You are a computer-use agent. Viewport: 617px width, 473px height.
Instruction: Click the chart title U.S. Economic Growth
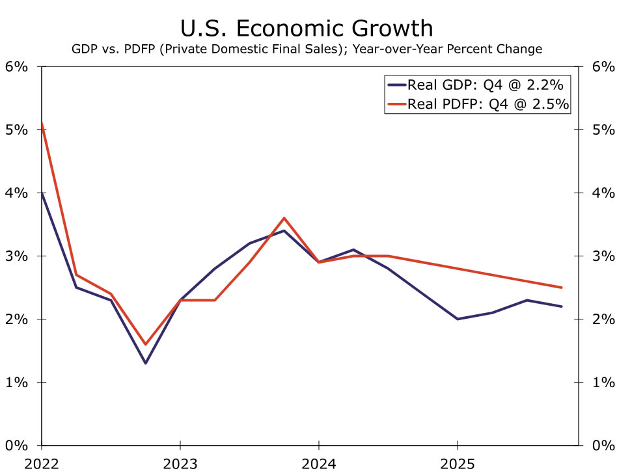tap(307, 28)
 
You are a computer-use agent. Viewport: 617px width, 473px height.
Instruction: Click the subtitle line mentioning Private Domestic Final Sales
tap(307, 49)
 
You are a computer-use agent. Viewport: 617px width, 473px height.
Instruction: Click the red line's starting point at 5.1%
tap(41, 124)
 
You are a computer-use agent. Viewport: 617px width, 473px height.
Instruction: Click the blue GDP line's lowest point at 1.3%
tap(145, 363)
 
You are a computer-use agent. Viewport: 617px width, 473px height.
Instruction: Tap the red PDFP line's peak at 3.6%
tap(284, 218)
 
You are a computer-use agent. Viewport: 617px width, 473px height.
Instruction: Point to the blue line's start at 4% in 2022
tap(41, 193)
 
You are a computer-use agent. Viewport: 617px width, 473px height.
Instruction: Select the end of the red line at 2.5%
tap(562, 288)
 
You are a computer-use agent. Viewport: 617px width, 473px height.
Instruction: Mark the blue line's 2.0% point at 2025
tap(458, 319)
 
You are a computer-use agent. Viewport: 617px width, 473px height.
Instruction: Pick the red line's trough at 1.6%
tap(145, 344)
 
